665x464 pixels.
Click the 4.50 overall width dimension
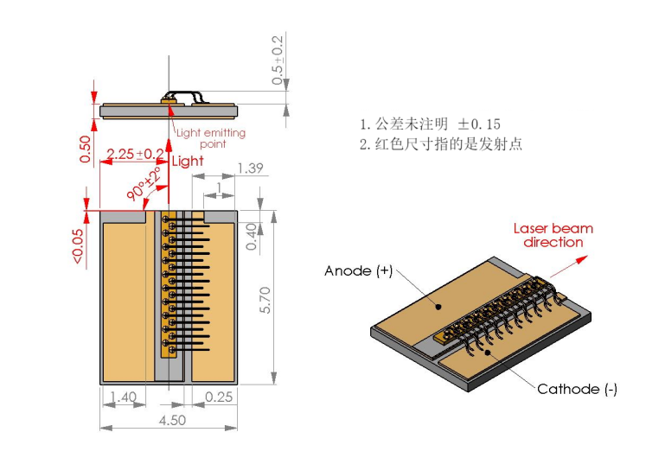169,420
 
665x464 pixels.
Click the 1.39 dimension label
250,168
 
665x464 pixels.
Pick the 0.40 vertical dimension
251,237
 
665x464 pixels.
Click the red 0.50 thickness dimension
85,149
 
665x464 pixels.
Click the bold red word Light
188,162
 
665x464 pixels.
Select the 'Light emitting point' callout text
210,138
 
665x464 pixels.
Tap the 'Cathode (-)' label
577,390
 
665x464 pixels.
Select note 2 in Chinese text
441,144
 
